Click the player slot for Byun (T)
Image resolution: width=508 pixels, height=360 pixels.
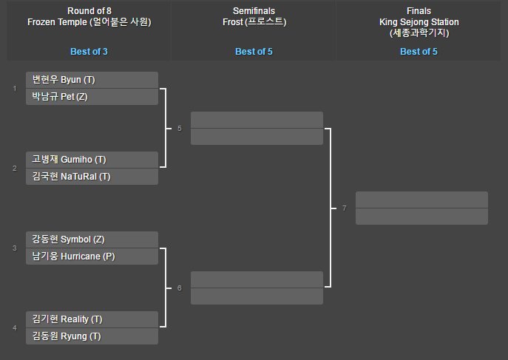92,80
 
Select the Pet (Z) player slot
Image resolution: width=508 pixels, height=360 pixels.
92,96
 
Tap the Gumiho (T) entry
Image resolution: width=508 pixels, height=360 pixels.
92,160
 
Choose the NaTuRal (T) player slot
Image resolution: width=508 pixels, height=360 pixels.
92,176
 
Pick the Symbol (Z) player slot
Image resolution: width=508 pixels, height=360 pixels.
92,240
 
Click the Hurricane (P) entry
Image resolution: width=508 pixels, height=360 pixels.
92,256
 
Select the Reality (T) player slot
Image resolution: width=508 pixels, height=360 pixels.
92,319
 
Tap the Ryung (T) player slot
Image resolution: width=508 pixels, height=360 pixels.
92,336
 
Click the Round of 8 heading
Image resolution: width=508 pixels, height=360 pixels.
89,11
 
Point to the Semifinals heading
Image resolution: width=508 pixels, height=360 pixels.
254,11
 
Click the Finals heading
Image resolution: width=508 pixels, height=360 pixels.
419,11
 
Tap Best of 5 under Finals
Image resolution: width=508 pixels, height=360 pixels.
419,52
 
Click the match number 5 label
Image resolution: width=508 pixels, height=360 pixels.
179,129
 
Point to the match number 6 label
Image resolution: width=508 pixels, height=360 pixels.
179,288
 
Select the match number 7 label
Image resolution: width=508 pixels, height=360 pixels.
344,208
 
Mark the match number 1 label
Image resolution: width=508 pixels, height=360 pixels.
14,89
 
